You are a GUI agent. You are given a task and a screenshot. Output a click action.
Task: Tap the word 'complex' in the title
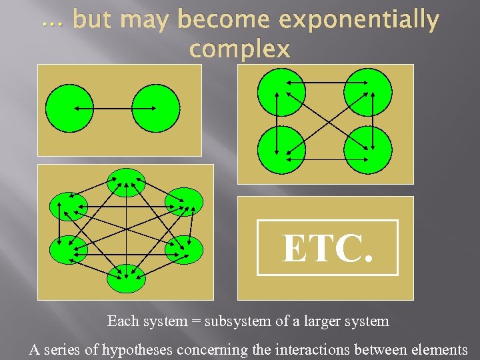point(240,49)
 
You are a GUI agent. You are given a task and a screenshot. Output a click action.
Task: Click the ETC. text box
point(327,248)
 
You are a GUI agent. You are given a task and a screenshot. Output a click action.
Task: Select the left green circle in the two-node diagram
point(69,108)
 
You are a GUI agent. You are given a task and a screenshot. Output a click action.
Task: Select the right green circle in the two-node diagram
point(156,108)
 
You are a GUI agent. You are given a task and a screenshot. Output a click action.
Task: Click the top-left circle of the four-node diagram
point(281,92)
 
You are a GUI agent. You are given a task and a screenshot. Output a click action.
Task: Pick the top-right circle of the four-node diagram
point(368,92)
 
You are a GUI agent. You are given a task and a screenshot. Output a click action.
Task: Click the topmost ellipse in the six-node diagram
point(126,182)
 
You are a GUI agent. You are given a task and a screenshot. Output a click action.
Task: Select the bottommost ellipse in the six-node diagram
point(126,277)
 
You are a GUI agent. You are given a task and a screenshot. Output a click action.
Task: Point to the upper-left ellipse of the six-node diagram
point(69,206)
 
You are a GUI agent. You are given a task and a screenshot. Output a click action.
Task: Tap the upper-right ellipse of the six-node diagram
point(183,202)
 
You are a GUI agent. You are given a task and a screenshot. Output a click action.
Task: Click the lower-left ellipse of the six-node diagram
point(68,249)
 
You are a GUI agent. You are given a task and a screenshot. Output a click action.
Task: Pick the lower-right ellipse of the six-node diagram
point(183,249)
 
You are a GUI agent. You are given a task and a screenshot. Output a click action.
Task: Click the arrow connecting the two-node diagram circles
point(113,108)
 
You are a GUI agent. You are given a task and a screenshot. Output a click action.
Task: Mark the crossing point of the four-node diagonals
point(325,121)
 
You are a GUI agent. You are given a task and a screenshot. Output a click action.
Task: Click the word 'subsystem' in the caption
point(234,321)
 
